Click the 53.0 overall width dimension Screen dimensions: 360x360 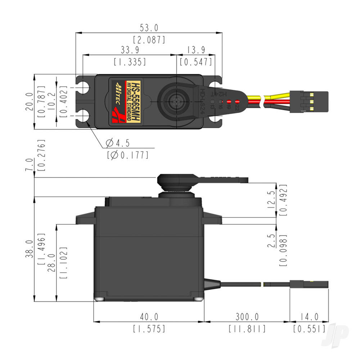149,28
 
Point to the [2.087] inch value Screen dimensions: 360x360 149,40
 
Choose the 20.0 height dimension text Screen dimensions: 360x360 31,102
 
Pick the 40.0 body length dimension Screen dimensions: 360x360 149,316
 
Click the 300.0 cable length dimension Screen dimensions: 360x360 247,316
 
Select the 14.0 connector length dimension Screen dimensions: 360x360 309,316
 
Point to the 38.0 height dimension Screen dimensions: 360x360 31,249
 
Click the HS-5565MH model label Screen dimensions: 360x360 136,102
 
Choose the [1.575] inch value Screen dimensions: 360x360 149,329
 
